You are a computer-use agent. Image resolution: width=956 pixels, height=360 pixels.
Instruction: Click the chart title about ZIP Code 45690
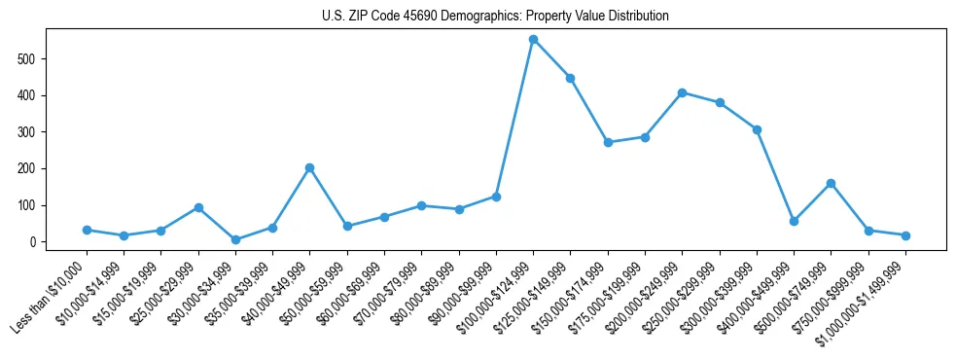[495, 17]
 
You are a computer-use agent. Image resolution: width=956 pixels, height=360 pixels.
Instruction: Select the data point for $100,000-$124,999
[533, 40]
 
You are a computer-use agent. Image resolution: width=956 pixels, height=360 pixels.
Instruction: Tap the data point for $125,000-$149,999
[570, 78]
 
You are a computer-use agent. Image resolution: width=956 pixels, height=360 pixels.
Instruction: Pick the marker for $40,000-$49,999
[309, 167]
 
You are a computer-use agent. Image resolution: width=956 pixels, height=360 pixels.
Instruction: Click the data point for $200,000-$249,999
[682, 92]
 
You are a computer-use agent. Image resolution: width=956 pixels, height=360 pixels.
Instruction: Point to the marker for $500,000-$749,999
[831, 183]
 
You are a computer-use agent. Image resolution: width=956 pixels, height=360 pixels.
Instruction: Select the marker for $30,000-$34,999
[235, 239]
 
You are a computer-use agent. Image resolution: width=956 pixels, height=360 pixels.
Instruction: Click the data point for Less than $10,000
[87, 230]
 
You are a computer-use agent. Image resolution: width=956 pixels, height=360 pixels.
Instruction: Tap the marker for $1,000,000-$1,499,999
[905, 235]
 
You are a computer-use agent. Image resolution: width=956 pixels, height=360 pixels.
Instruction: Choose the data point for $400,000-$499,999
[794, 221]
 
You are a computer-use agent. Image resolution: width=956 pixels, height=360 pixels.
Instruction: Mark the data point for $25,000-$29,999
[198, 207]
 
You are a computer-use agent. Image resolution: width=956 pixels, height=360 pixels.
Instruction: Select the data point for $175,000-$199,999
[645, 137]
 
